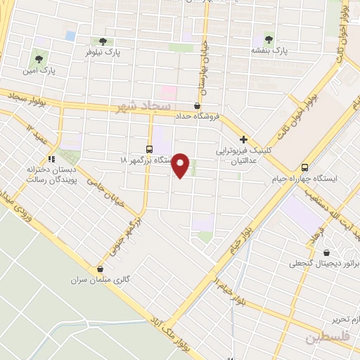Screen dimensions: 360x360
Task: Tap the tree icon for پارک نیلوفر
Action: (x=103, y=41)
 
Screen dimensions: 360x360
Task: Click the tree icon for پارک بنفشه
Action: (x=269, y=38)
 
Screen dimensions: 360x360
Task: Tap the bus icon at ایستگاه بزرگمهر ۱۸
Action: (x=149, y=148)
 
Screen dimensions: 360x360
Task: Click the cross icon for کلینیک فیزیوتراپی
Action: (x=243, y=140)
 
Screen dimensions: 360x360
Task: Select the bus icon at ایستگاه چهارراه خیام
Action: (x=304, y=167)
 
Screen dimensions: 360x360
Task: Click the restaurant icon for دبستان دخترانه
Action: (x=51, y=158)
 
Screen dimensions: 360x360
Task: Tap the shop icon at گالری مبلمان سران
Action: (x=100, y=268)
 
